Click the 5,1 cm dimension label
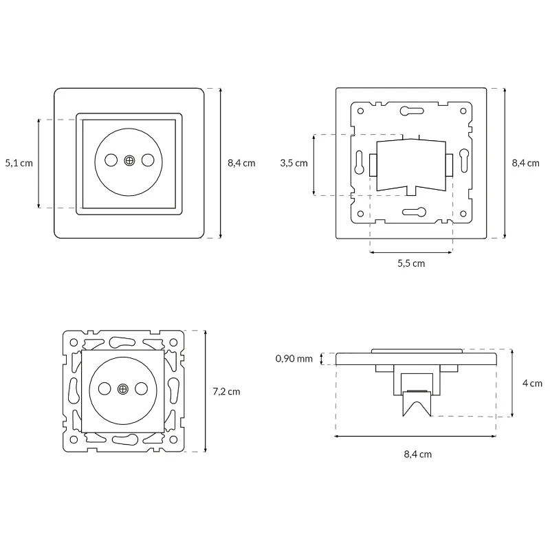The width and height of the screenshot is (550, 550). pyautogui.click(x=19, y=163)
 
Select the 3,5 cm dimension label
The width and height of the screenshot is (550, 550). pyautogui.click(x=294, y=163)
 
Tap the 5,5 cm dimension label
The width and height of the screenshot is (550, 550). pyautogui.click(x=411, y=263)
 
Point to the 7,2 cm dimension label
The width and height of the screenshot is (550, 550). pyautogui.click(x=226, y=391)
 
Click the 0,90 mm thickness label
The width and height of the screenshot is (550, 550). pyautogui.click(x=294, y=358)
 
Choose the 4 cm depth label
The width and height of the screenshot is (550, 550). pyautogui.click(x=533, y=383)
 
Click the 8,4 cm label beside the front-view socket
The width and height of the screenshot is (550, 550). pyautogui.click(x=241, y=163)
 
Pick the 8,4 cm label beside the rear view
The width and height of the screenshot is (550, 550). pyautogui.click(x=526, y=163)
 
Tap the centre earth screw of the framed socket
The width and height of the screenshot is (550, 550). pyautogui.click(x=129, y=160)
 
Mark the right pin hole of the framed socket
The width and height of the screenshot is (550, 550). pyautogui.click(x=147, y=160)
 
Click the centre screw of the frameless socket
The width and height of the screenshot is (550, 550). pyautogui.click(x=123, y=389)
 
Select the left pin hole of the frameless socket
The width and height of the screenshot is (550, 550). pyautogui.click(x=104, y=389)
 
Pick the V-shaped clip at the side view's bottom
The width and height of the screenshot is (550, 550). pyautogui.click(x=417, y=404)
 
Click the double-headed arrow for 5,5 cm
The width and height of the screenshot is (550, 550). pyautogui.click(x=411, y=252)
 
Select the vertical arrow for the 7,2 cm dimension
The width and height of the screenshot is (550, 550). pyautogui.click(x=206, y=391)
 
